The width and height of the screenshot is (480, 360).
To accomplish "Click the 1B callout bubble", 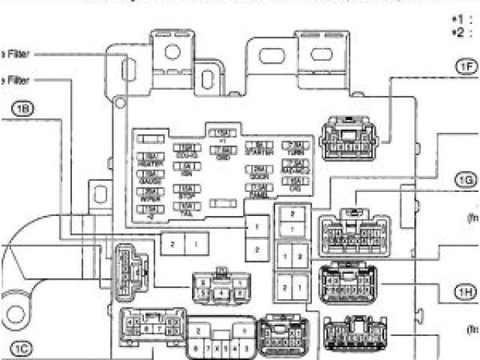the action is pos(23,109).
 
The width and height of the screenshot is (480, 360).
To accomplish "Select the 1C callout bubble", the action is pos(23,347).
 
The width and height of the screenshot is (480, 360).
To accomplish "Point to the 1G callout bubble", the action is pos(464,179).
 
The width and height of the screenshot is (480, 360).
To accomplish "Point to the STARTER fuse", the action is pos(259,148).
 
